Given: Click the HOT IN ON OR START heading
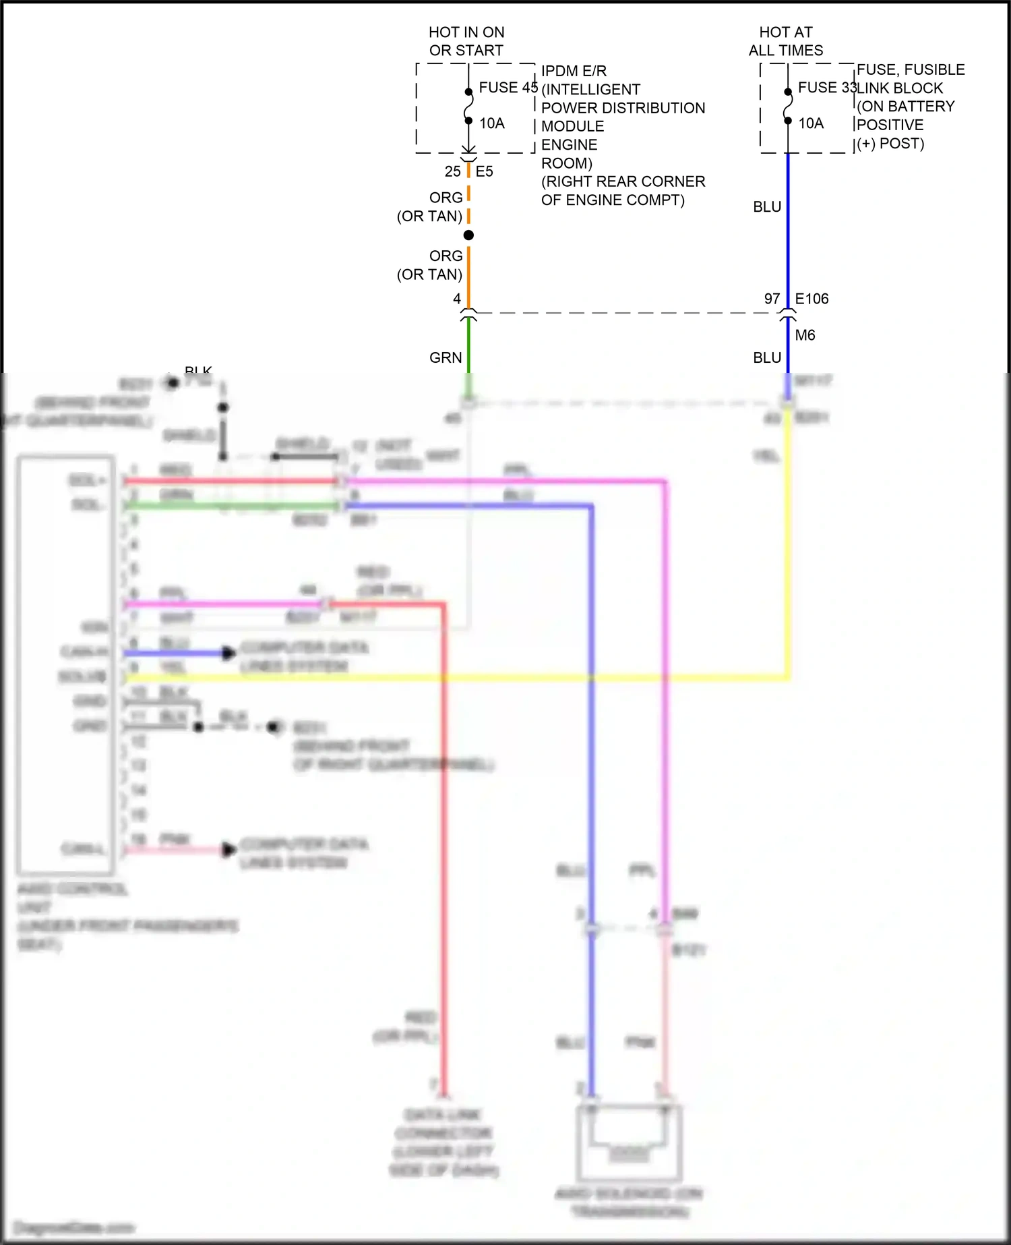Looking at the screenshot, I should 466,41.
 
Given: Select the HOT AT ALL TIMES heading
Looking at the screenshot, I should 786,41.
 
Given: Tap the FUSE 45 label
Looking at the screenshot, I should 508,88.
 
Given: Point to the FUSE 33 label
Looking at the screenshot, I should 826,88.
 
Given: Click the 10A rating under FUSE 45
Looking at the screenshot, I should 492,123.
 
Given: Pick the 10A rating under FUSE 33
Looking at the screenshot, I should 811,123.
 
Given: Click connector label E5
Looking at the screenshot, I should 484,171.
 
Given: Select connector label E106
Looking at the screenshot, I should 811,299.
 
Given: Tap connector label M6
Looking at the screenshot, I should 805,335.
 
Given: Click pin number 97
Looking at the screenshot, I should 772,299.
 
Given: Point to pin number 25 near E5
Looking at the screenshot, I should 452,171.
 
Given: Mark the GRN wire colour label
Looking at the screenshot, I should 446,358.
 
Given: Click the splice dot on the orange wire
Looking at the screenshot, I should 468,235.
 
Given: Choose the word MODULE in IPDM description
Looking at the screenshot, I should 572,126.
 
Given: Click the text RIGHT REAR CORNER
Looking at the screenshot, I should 623,181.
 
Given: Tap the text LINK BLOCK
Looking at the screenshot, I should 900,88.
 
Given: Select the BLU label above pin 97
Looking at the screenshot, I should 767,207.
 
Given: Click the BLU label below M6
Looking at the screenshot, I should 767,358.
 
